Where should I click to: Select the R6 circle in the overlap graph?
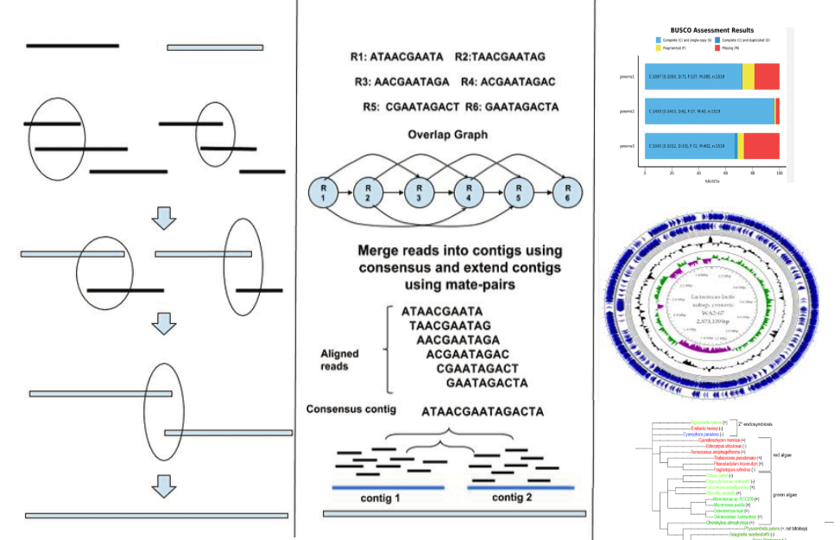(568, 191)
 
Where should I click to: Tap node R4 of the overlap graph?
(470, 191)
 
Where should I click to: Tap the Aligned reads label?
(339, 360)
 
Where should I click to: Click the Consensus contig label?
(351, 409)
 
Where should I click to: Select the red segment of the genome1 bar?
(767, 76)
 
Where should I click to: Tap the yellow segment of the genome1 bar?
(748, 76)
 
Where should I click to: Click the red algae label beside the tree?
(782, 454)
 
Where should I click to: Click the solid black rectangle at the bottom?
(462, 532)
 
